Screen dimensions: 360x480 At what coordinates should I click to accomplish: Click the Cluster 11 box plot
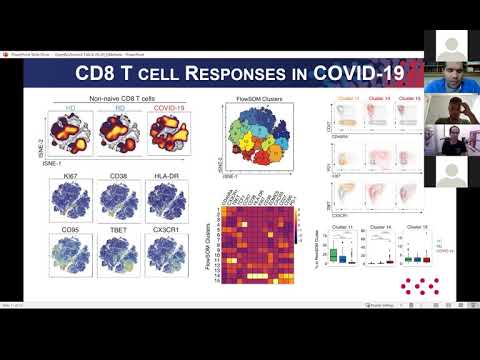coord(336,260)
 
